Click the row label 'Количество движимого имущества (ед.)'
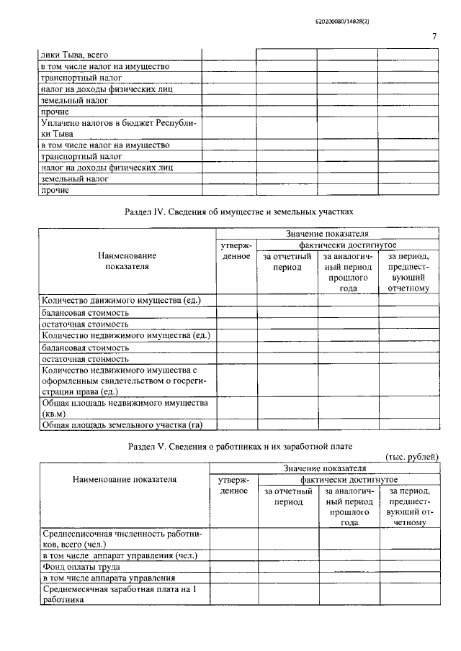tap(121, 300)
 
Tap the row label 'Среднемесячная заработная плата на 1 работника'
tap(119, 596)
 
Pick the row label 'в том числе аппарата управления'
tap(108, 578)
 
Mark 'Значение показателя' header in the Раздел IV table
tap(327, 233)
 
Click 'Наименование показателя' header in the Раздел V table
tap(125, 479)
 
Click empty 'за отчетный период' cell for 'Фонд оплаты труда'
tap(288, 566)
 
